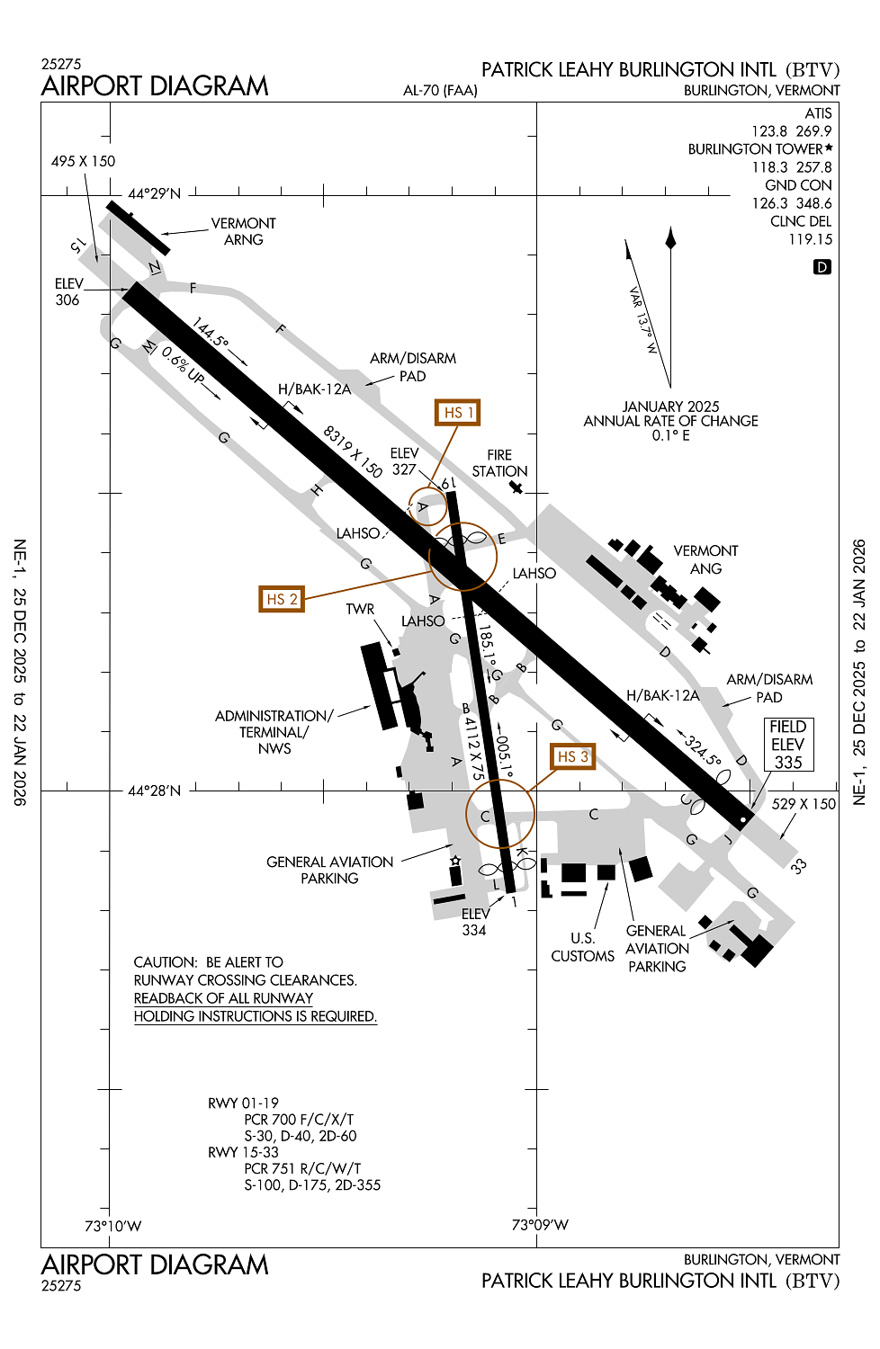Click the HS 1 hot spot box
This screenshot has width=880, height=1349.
coord(457,413)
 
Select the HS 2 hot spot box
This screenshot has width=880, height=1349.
coord(281,599)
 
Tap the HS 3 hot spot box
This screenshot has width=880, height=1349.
coord(572,756)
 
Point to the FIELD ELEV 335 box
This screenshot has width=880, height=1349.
coord(788,745)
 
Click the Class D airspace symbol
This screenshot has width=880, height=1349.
coord(822,267)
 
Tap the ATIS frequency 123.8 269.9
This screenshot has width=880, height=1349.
coord(791,131)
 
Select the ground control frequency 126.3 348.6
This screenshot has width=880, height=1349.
coord(792,203)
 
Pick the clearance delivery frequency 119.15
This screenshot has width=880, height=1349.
coord(810,239)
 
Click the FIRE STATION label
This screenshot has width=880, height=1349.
coord(499,463)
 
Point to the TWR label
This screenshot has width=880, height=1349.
coord(360,610)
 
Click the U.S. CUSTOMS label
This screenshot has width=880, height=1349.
coord(582,947)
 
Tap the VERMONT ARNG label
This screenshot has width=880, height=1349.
coord(243,231)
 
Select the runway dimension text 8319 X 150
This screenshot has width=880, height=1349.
coord(353,451)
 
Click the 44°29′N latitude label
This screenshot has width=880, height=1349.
coord(154,193)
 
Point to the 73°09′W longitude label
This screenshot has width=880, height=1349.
coord(540,1225)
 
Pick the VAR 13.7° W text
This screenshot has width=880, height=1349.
coord(643,320)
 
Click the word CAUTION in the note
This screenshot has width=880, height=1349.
coord(165,962)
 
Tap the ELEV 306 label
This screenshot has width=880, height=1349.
coord(68,292)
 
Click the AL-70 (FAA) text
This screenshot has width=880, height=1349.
coord(440,90)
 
